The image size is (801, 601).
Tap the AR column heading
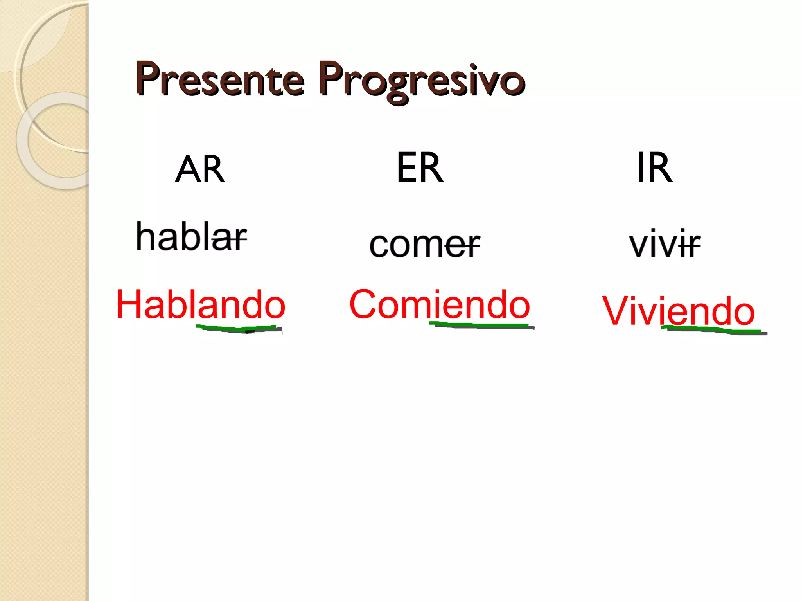click(200, 169)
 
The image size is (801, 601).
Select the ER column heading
click(420, 168)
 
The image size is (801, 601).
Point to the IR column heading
click(654, 168)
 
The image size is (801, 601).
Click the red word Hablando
click(201, 305)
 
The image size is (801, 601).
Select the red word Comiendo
click(439, 304)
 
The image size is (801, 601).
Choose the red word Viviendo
click(678, 311)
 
